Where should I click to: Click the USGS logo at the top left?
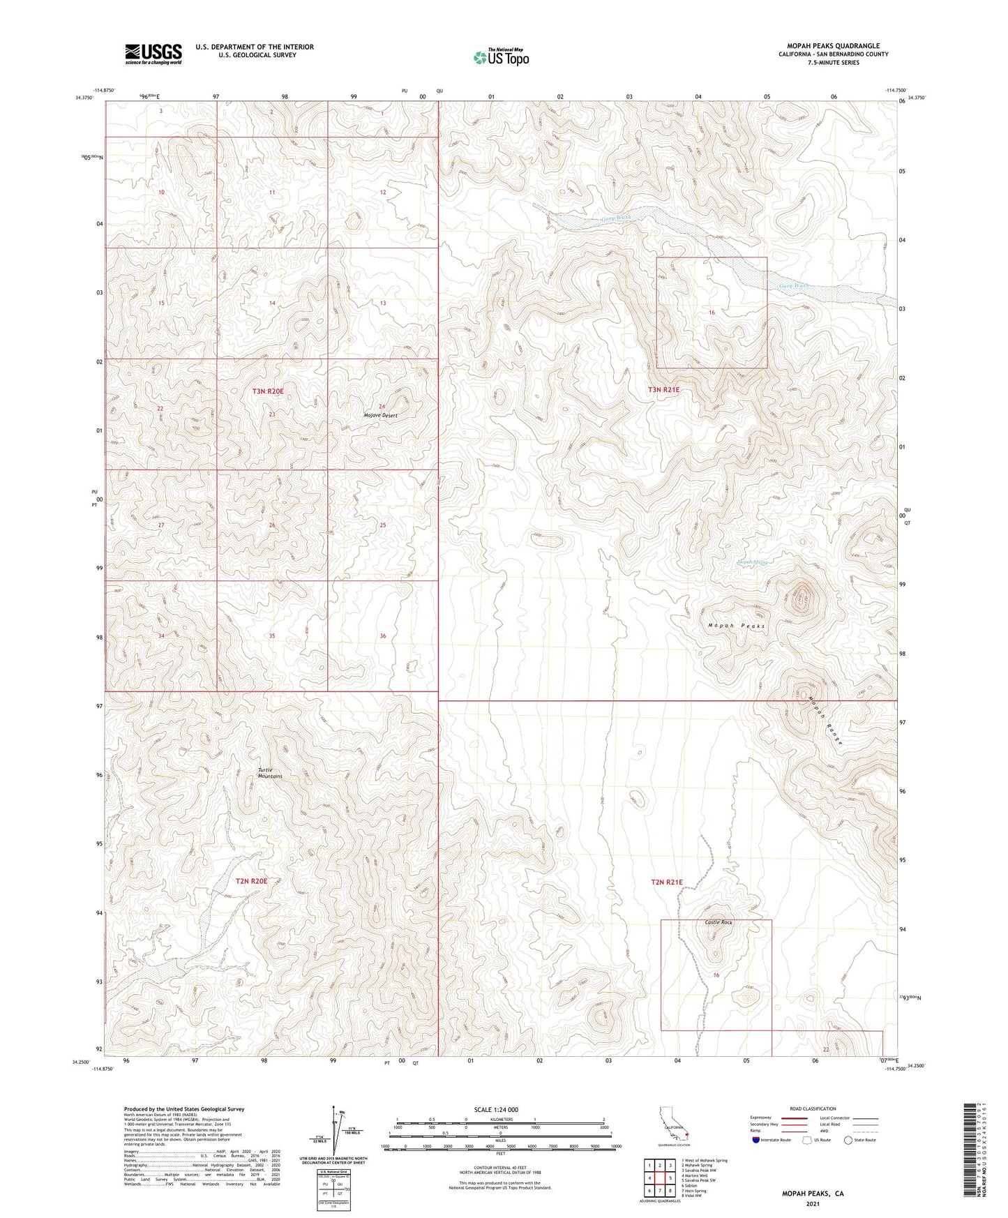153,54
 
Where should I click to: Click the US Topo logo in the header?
500,57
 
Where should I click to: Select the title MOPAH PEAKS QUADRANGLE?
833,46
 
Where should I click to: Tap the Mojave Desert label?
381,415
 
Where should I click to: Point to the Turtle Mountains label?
270,773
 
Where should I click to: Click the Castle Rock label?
719,922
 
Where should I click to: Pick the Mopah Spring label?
752,562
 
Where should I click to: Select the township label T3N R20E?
268,392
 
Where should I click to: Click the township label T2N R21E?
666,882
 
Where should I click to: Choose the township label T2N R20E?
251,881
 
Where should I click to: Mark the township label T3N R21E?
664,391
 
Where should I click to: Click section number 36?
383,636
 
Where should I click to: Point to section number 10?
161,192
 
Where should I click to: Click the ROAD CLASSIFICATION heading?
813,1108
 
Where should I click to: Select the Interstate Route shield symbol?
757,1140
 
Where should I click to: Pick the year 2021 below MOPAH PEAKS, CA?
813,1203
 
